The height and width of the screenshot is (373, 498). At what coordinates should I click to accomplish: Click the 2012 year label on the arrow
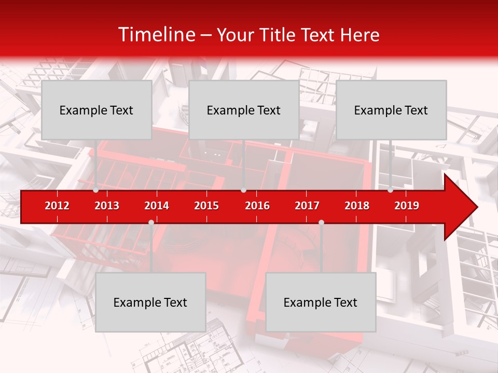tap(57, 206)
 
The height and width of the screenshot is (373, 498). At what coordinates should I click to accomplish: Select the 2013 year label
tap(107, 206)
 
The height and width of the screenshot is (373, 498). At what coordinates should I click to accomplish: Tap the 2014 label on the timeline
tap(157, 206)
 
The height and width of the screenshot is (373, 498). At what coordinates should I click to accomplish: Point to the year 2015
tap(206, 206)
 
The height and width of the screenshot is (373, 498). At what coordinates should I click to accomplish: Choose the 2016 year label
tap(257, 206)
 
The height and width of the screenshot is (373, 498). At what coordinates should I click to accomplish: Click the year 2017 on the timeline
tap(307, 206)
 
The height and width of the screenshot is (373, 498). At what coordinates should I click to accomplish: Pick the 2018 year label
tap(357, 206)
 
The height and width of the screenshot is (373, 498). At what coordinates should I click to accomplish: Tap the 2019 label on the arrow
tap(407, 206)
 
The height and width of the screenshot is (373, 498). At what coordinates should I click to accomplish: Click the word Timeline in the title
tap(156, 35)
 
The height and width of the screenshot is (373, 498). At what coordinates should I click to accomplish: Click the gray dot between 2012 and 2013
tap(95, 190)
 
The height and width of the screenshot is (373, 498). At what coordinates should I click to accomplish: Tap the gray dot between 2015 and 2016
tap(243, 190)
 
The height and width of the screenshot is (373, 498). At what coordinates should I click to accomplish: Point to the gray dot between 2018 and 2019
tap(390, 190)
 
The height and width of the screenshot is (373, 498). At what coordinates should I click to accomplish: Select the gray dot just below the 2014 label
tap(151, 222)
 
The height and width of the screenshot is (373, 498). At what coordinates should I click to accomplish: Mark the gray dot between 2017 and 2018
tap(321, 222)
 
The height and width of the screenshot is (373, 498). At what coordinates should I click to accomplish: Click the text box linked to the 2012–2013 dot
tap(96, 110)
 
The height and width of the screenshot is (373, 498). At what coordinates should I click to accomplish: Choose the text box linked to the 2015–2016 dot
tap(244, 110)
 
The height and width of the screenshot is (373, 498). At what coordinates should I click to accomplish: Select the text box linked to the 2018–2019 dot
tap(391, 110)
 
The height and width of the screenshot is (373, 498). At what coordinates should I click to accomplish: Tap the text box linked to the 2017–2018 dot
tap(321, 302)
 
